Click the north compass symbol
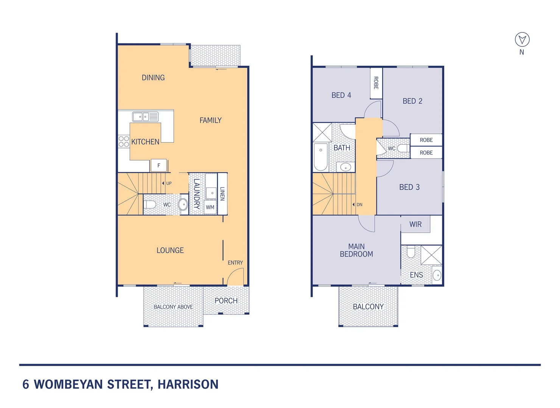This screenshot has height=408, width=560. pyautogui.click(x=522, y=39)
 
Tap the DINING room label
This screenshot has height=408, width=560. pyautogui.click(x=153, y=78)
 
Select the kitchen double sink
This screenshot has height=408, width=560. pyautogui.click(x=145, y=117)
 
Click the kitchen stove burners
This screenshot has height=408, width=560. pyautogui.click(x=124, y=142)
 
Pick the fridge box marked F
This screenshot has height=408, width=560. pyautogui.click(x=159, y=165)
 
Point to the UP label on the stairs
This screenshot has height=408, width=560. pyautogui.click(x=168, y=183)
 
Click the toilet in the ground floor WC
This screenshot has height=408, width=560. pyautogui.click(x=150, y=204)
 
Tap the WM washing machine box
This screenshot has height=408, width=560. pyautogui.click(x=210, y=207)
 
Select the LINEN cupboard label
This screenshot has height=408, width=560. pyautogui.click(x=222, y=193)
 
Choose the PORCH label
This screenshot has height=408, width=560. pyautogui.click(x=226, y=301)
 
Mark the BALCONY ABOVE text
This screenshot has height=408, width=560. pyautogui.click(x=173, y=307)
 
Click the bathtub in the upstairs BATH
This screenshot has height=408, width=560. pyautogui.click(x=320, y=156)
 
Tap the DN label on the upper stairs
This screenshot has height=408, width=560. pyautogui.click(x=359, y=205)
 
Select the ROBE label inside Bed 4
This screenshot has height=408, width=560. pyautogui.click(x=376, y=83)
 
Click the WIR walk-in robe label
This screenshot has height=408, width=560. pyautogui.click(x=415, y=224)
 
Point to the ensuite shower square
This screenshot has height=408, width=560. pyautogui.click(x=431, y=255)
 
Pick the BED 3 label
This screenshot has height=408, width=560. pyautogui.click(x=409, y=187)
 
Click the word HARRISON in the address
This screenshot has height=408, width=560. pyautogui.click(x=188, y=384)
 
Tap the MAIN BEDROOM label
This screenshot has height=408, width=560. pyautogui.click(x=356, y=250)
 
